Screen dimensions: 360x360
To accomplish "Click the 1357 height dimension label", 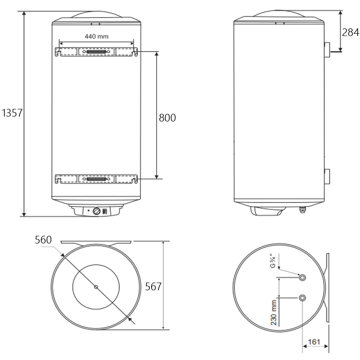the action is tap(12, 113).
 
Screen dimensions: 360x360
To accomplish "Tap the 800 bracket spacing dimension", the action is tap(167, 118).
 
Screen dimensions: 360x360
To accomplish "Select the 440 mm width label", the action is tap(96, 36).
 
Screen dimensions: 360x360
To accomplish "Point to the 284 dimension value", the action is tap(351, 32).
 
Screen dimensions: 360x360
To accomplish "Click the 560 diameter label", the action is tap(43, 240).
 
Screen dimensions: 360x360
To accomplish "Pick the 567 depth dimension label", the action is tap(153, 287).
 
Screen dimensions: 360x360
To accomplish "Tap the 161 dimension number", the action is tap(314, 342).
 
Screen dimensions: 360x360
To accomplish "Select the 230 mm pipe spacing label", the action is tap(274, 313).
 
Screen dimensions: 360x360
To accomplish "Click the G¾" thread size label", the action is tap(273, 261).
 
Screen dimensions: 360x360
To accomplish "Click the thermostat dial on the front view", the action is tap(97, 211).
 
